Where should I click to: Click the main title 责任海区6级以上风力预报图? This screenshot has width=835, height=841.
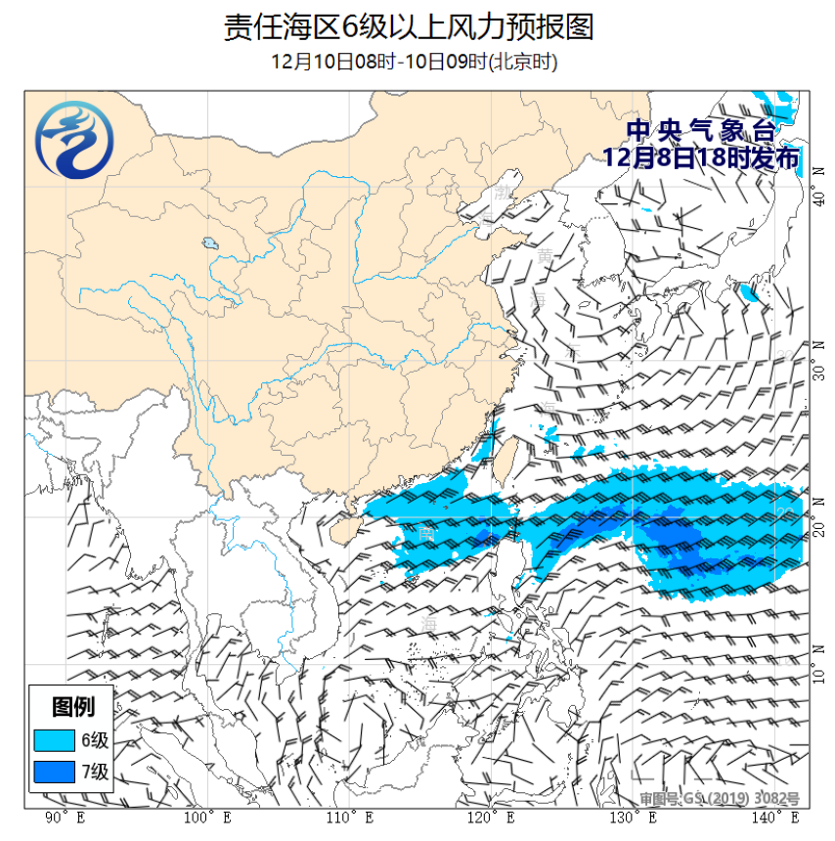409,26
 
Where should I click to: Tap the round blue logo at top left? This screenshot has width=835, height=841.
73,143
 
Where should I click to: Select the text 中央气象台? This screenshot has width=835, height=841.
700,131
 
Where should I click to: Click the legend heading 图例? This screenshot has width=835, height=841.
72,705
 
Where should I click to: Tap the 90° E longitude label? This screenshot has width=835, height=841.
64,817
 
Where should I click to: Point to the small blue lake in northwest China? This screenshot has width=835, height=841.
209,243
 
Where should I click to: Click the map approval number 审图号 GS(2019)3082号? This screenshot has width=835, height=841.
720,798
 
